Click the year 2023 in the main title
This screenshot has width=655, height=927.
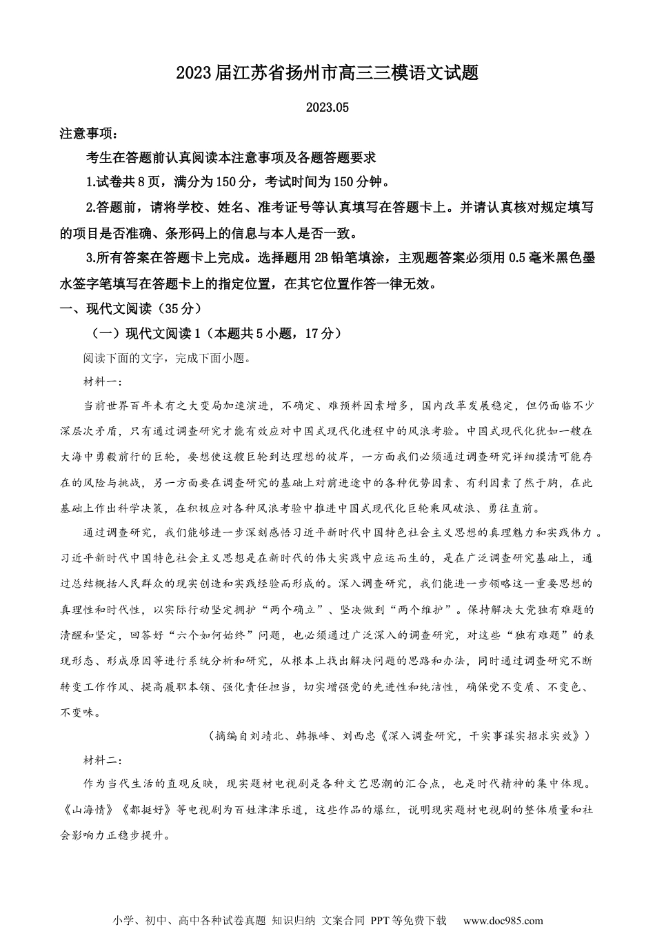tap(195, 73)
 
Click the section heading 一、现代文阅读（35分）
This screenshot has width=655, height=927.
tap(131, 308)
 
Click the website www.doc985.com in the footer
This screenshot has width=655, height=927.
tap(503, 920)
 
